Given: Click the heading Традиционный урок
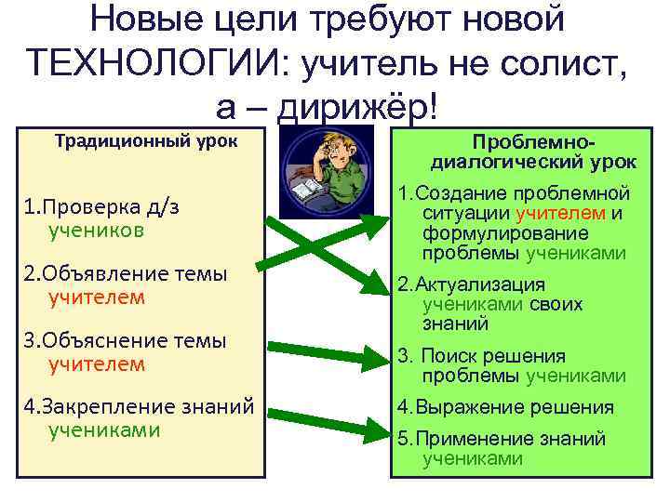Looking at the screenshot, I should (146, 141).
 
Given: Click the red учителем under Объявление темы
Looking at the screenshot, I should (97, 297).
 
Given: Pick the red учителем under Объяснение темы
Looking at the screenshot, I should (97, 363).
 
